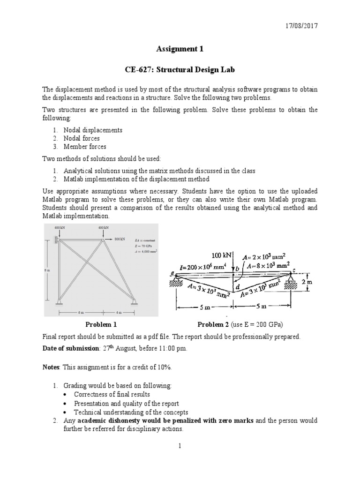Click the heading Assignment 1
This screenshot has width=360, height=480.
coord(180,48)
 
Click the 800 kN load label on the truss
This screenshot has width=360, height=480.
coord(120,239)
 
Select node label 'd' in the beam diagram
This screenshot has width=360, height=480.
coord(237,285)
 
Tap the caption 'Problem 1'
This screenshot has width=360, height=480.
coord(101,324)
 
